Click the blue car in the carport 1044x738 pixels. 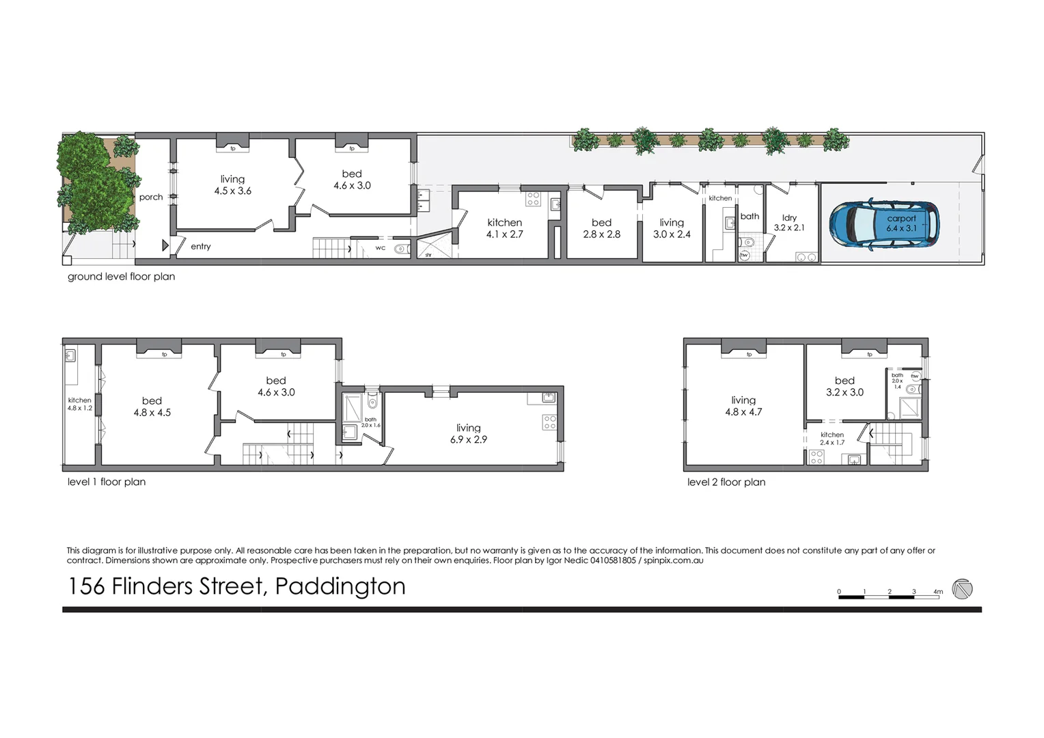[x=884, y=223]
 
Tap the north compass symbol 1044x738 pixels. [x=962, y=589]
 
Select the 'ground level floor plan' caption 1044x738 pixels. [x=121, y=277]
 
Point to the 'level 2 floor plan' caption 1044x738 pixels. [x=726, y=482]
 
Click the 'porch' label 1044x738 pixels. [x=151, y=197]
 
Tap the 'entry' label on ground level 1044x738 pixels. [x=201, y=247]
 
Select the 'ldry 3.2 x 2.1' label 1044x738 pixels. [x=789, y=223]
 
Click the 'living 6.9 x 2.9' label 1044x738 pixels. [x=469, y=434]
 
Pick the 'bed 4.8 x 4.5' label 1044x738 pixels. [x=152, y=407]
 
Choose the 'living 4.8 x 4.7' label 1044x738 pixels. [x=743, y=406]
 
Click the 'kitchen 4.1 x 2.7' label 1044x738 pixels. [x=504, y=228]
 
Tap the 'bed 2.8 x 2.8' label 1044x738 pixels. [x=601, y=228]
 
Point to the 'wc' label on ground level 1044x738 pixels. [x=381, y=248]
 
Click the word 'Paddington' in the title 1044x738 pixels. [x=340, y=586]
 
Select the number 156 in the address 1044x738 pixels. [x=85, y=586]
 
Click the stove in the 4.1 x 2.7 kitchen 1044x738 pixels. [x=533, y=199]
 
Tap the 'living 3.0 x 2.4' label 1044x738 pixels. [x=672, y=228]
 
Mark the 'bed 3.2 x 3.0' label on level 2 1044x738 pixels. [x=844, y=386]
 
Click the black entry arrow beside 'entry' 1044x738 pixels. [x=165, y=245]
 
